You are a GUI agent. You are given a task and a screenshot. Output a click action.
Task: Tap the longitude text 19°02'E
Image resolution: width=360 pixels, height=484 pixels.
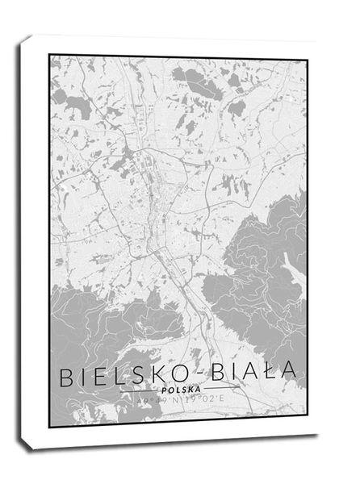(x=201, y=398)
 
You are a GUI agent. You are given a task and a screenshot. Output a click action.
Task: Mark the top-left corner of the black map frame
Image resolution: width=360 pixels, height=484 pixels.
(x=49, y=56)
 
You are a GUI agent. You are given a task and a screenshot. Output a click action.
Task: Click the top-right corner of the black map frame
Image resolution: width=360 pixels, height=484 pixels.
(x=307, y=56)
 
